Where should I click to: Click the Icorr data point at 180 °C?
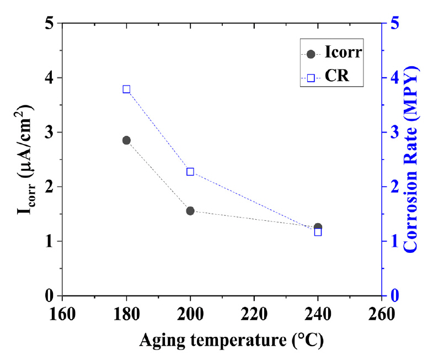tap(126, 140)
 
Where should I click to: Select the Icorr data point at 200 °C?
tap(190, 210)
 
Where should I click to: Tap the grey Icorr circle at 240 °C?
tap(318, 227)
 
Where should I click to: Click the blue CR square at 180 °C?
tap(126, 89)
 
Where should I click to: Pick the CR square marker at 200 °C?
tap(190, 172)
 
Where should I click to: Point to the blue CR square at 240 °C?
tap(318, 232)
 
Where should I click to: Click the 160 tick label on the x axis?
tap(62, 314)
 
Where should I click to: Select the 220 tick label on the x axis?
tap(254, 314)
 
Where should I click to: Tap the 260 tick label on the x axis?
tap(382, 314)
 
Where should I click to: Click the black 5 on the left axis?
tap(49, 24)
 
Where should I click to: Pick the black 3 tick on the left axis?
tap(49, 133)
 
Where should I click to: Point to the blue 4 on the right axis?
tap(394, 78)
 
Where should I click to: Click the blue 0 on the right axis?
tap(394, 296)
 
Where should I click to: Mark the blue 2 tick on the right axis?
tap(394, 187)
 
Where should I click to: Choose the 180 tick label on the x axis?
tap(126, 314)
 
